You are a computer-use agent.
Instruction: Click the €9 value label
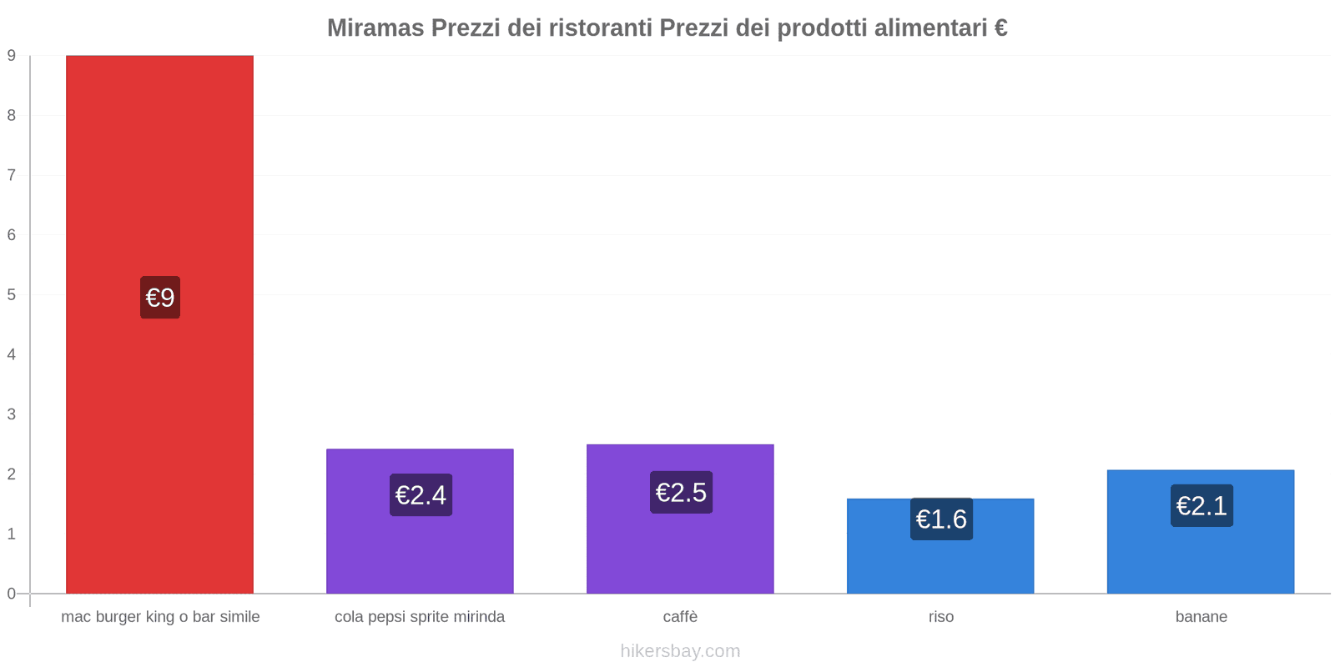pyautogui.click(x=160, y=298)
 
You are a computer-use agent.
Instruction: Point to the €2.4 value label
pyautogui.click(x=421, y=495)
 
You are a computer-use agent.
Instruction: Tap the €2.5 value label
pyautogui.click(x=681, y=493)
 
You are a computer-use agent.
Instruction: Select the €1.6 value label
pyautogui.click(x=941, y=519)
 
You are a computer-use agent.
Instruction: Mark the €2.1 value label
pyautogui.click(x=1201, y=506)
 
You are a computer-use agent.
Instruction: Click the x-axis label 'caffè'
pyautogui.click(x=680, y=617)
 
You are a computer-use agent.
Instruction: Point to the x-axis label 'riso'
pyautogui.click(x=941, y=617)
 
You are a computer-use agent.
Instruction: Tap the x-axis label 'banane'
pyautogui.click(x=1201, y=617)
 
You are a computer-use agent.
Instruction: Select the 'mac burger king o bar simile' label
pyautogui.click(x=160, y=617)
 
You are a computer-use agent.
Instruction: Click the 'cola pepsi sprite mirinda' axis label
pyautogui.click(x=420, y=617)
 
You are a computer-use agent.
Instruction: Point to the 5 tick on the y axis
pyautogui.click(x=12, y=295)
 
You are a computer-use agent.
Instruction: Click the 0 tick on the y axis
pyautogui.click(x=12, y=594)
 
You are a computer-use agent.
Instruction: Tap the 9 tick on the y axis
pyautogui.click(x=12, y=56)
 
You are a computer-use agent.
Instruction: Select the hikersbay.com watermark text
pyautogui.click(x=680, y=651)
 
